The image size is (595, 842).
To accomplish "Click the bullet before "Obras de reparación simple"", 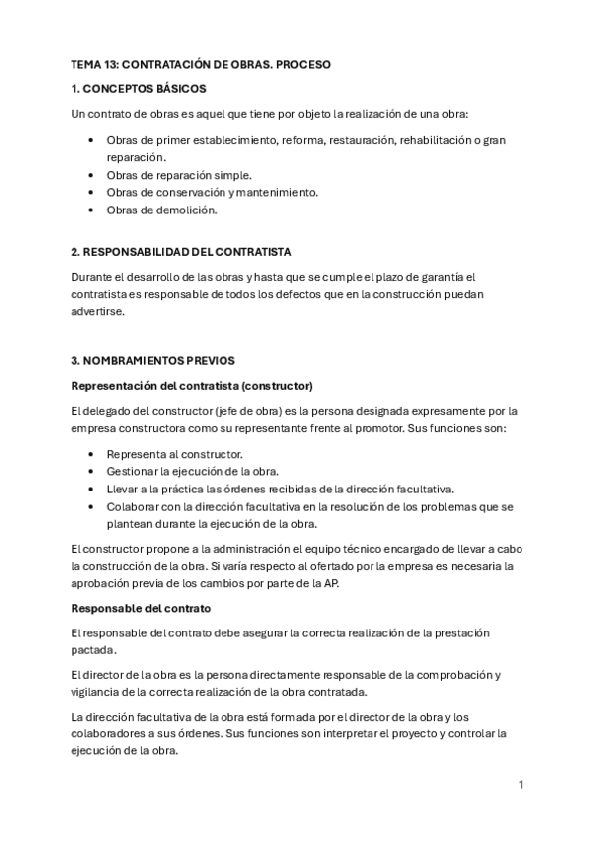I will point(91,175).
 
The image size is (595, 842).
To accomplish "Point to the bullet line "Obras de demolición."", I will point(161,210).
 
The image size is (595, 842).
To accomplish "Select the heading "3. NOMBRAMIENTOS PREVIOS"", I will point(153,360).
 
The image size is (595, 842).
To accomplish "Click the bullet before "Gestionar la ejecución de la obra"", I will point(91,471).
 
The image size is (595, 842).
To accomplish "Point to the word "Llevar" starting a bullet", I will point(123,489).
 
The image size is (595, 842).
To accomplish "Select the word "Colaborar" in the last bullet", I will point(133,506).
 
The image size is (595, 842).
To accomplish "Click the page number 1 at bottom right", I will point(521,785).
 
